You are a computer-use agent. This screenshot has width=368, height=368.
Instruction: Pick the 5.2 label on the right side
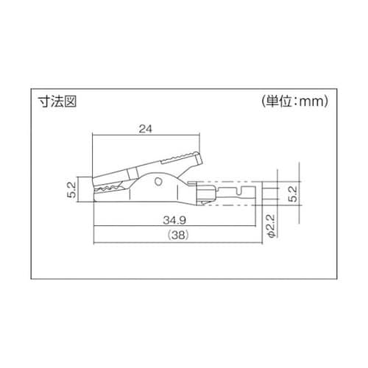[293, 194]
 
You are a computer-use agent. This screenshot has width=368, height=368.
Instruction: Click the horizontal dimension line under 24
[145, 135]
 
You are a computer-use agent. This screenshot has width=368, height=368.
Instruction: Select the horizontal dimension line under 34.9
[177, 226]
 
